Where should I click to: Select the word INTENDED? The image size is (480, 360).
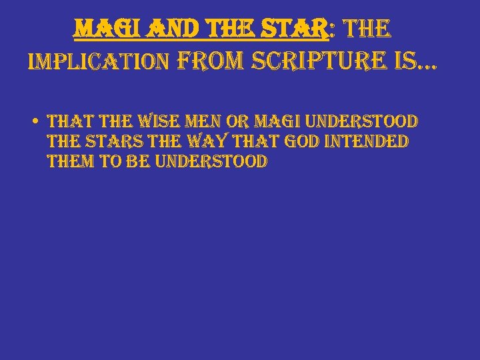coord(375,142)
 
